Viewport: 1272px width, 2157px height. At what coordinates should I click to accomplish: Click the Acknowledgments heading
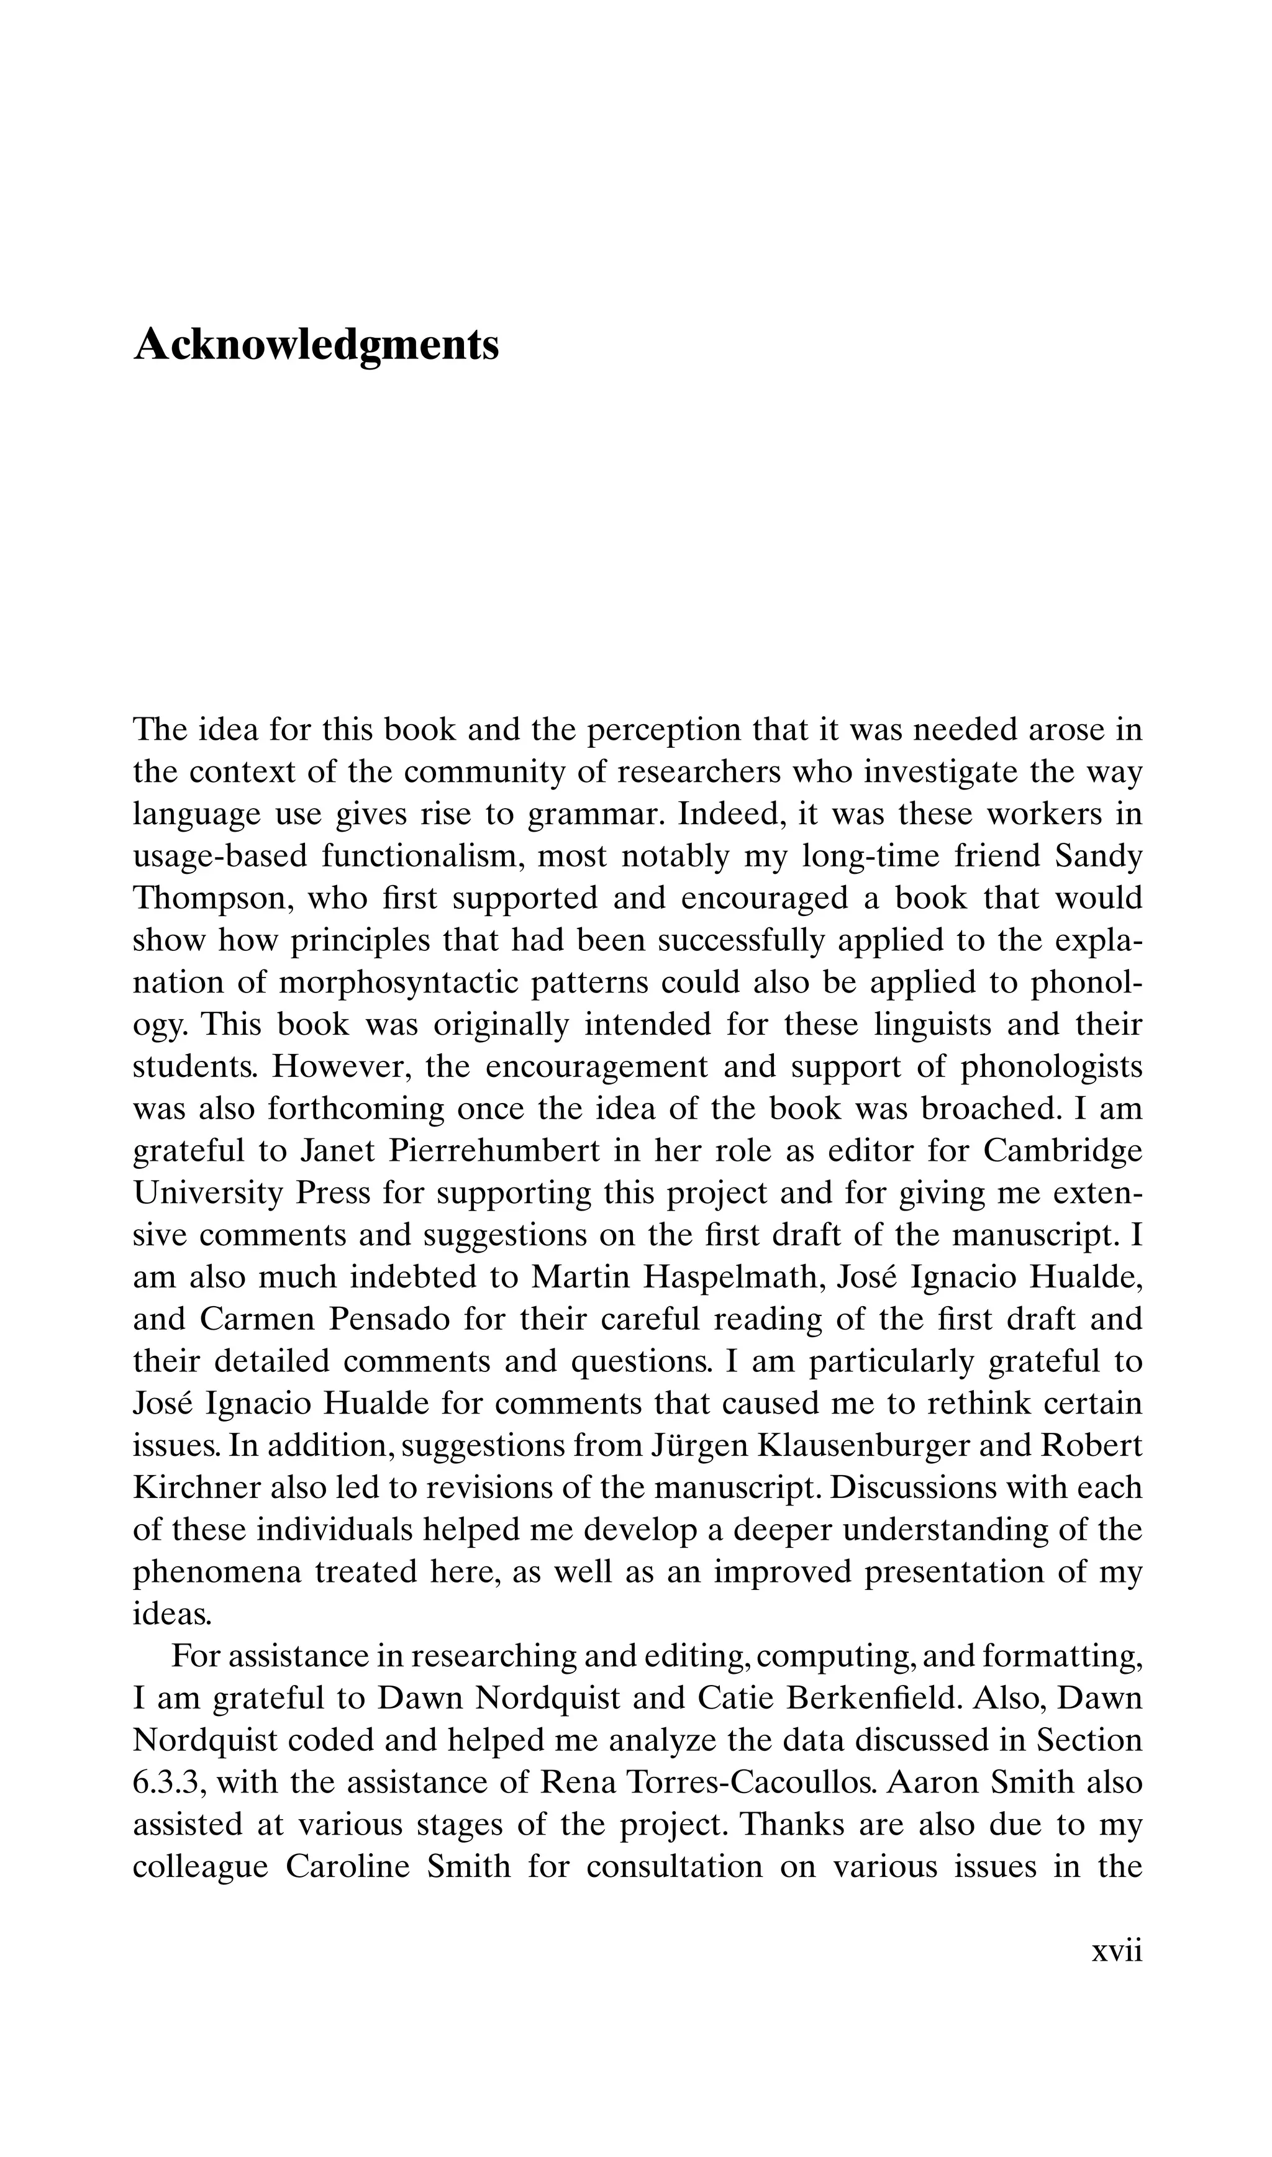pos(316,345)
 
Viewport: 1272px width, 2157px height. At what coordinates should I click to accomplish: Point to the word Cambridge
pos(1063,1151)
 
